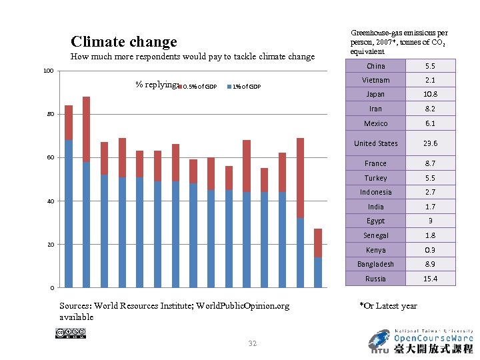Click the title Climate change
pyautogui.click(x=124, y=42)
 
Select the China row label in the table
pyautogui.click(x=375, y=66)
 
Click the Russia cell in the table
pyautogui.click(x=375, y=279)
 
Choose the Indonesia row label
pyautogui.click(x=375, y=192)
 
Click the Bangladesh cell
pyautogui.click(x=375, y=264)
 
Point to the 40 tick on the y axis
pyautogui.click(x=51, y=201)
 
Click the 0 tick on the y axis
pyautogui.click(x=53, y=288)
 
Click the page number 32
pyautogui.click(x=252, y=343)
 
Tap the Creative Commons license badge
pyautogui.click(x=75, y=333)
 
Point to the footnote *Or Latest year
pyautogui.click(x=388, y=306)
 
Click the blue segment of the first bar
pyautogui.click(x=69, y=213)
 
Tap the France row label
pyautogui.click(x=375, y=163)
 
